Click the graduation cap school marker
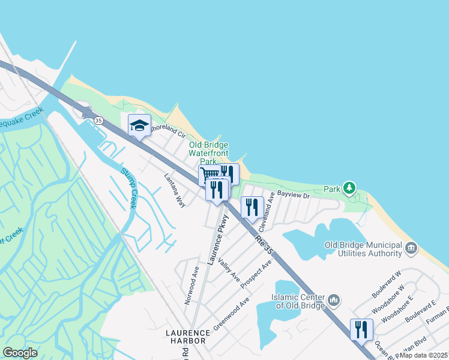click(139, 125)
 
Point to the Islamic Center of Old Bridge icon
click(334, 299)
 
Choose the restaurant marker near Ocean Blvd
click(361, 329)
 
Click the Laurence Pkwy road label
click(217, 239)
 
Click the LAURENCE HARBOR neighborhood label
click(186, 336)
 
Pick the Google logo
click(20, 353)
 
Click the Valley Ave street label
click(229, 270)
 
